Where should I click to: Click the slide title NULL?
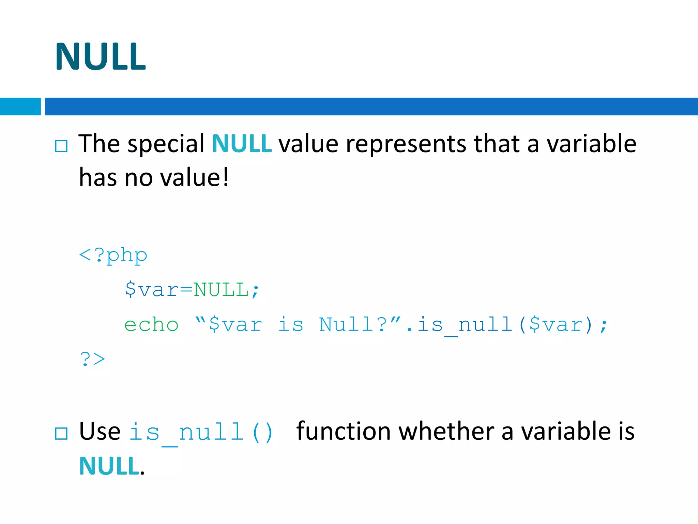(x=101, y=57)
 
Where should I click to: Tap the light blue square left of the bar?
(x=20, y=106)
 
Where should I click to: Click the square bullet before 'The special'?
(x=61, y=146)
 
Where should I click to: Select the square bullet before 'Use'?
(x=61, y=434)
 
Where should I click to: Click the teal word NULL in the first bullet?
(x=242, y=144)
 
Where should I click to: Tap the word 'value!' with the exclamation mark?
(x=195, y=178)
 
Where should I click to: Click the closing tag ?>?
(x=92, y=359)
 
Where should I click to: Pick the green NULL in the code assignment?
(x=221, y=290)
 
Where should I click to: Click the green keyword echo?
(x=151, y=324)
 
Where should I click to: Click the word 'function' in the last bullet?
(x=344, y=431)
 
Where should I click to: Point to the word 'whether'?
(x=446, y=431)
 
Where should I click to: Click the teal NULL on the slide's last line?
(x=109, y=466)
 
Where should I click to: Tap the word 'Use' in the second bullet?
(x=100, y=432)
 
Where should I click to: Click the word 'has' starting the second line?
(x=98, y=178)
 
